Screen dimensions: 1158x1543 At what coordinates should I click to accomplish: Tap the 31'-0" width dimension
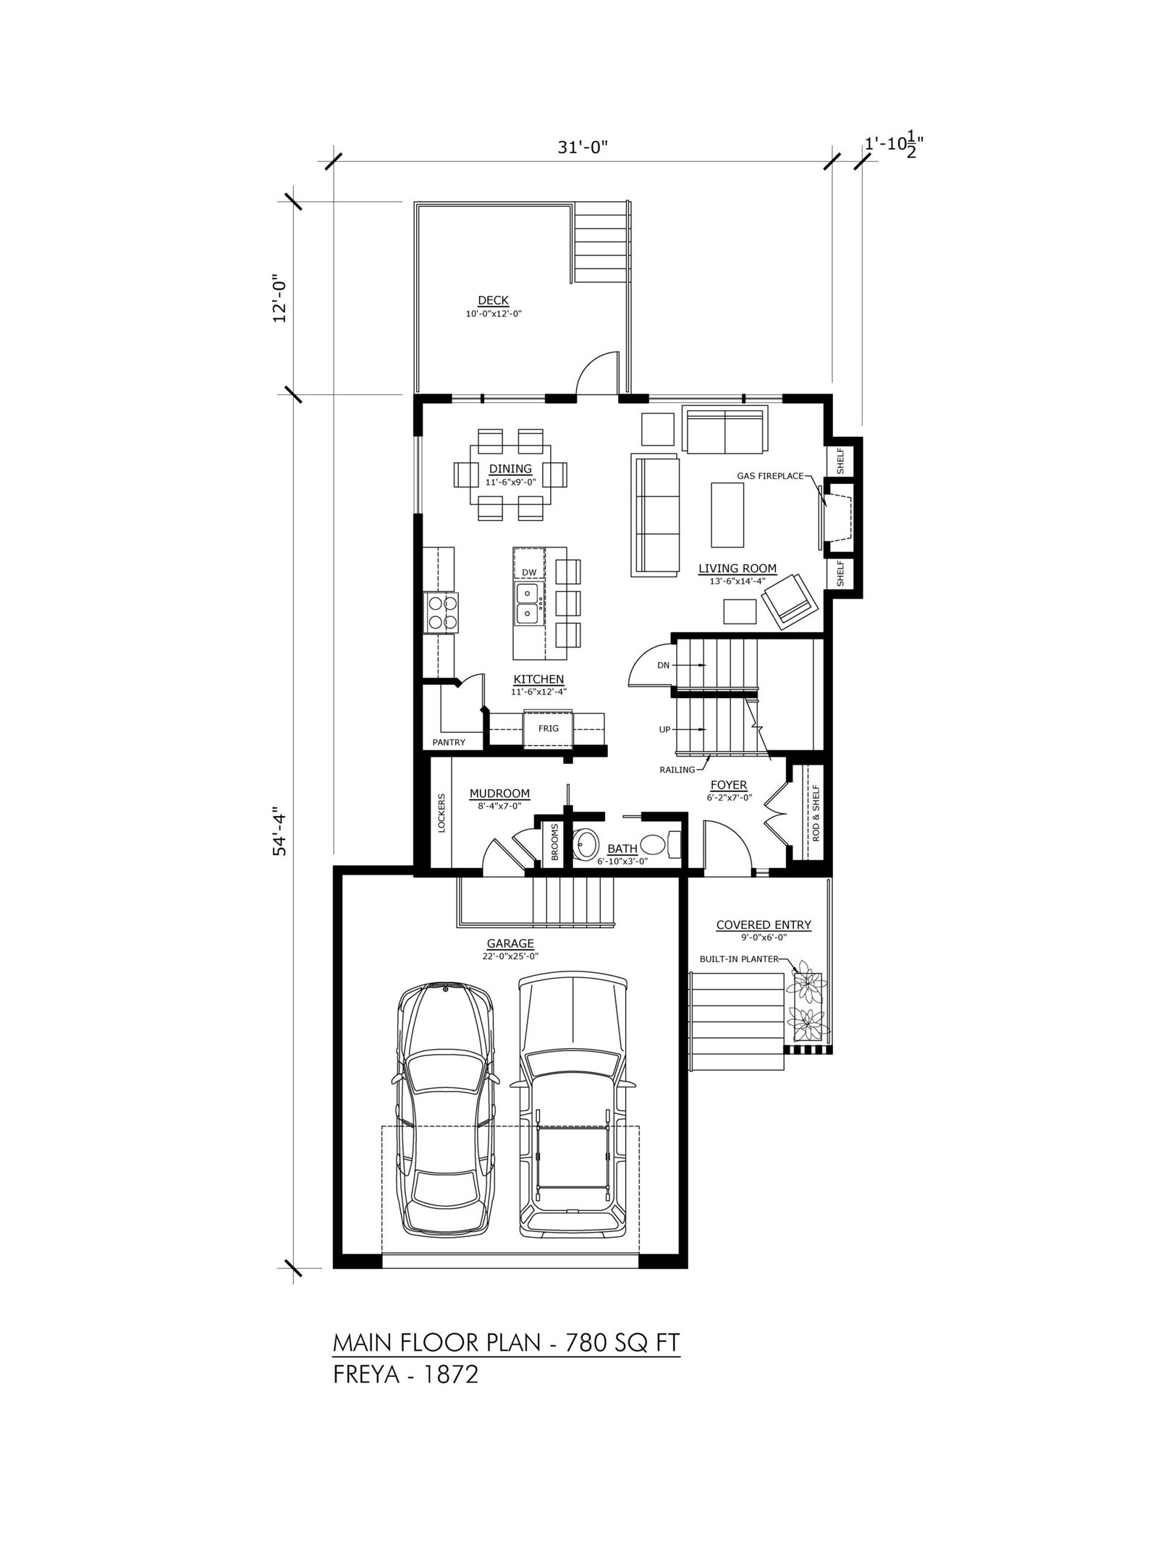(x=582, y=147)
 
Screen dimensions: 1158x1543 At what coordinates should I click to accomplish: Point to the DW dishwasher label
(x=529, y=572)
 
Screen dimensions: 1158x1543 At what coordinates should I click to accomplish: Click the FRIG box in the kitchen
(x=548, y=728)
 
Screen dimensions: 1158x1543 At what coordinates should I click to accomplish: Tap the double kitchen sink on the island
(x=529, y=603)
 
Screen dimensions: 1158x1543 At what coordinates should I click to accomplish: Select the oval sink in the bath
(x=587, y=844)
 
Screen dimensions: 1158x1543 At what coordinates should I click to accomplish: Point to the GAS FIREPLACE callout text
(x=769, y=475)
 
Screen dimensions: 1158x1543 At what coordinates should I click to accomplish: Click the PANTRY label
(x=449, y=742)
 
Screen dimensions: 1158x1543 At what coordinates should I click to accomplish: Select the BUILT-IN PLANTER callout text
(x=738, y=959)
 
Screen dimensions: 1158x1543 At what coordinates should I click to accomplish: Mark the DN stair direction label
(x=663, y=665)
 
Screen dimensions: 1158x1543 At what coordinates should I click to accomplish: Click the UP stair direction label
(x=664, y=730)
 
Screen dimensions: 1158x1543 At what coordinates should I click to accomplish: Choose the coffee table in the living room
(x=727, y=515)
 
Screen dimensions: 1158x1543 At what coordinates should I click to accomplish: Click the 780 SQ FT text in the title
(x=622, y=1343)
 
